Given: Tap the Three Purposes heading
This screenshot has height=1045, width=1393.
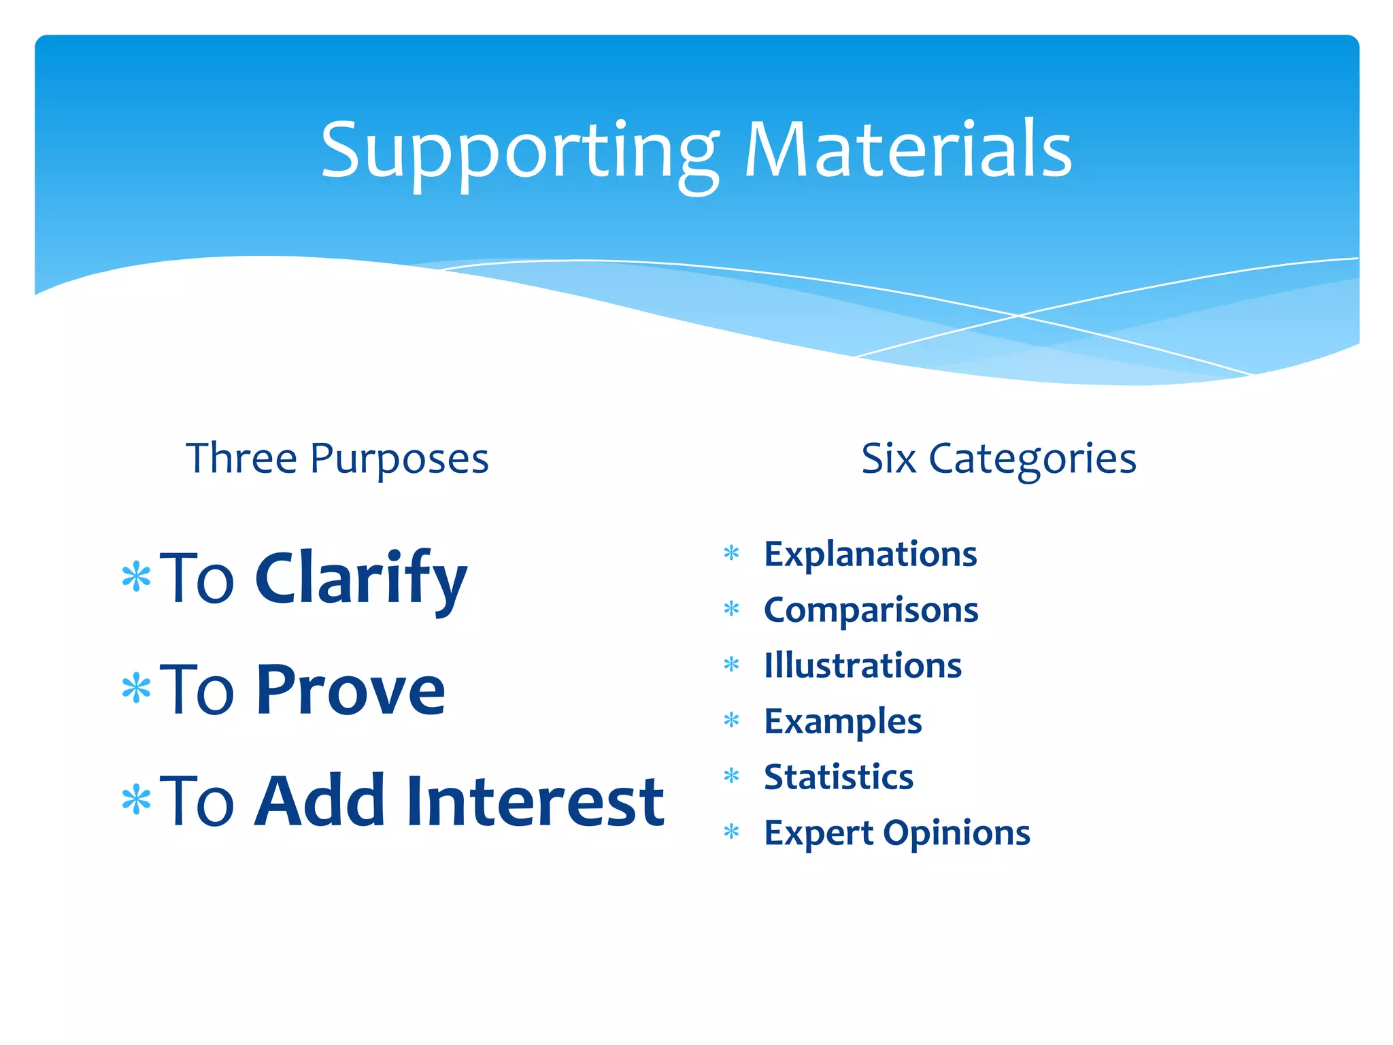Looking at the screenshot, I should (337, 459).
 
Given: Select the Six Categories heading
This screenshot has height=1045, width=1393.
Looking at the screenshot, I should (998, 459).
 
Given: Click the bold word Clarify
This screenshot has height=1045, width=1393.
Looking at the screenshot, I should (360, 578).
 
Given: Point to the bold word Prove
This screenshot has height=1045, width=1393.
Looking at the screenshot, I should (350, 690).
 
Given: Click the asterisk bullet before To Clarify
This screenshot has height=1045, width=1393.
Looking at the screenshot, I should (136, 576).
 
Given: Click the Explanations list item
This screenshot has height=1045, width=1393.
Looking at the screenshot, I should (870, 554).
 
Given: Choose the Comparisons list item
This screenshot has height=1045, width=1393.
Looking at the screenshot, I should (871, 610).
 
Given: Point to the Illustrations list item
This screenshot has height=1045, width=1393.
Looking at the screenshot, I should (862, 665).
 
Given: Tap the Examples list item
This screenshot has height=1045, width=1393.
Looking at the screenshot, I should (843, 721).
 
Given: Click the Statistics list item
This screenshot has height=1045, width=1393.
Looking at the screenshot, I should (839, 777).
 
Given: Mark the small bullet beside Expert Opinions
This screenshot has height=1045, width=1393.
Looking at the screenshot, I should (731, 831).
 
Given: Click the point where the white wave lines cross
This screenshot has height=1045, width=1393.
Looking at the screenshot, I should (1018, 316).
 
